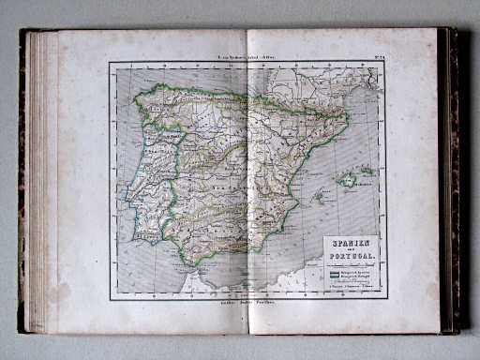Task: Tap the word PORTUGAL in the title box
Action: tap(351, 257)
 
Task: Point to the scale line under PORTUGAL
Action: tap(351, 262)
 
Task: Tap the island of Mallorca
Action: tap(349, 179)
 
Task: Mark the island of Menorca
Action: tap(367, 171)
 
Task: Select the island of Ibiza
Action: tap(319, 198)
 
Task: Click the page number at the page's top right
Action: tap(374, 55)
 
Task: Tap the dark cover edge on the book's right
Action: tap(452, 178)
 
